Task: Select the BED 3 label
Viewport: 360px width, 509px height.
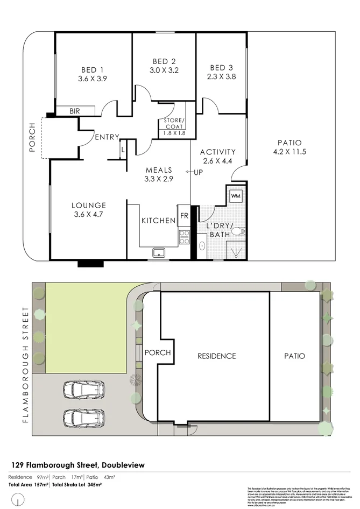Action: [x=222, y=68]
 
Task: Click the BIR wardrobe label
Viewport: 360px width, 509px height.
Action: [x=74, y=111]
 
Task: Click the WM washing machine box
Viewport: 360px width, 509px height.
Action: [x=236, y=196]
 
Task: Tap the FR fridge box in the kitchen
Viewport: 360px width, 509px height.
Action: [x=184, y=215]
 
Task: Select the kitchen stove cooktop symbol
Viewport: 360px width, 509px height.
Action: [x=184, y=237]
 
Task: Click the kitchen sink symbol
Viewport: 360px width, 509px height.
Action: [x=159, y=252]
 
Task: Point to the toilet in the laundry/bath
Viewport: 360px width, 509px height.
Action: [x=240, y=232]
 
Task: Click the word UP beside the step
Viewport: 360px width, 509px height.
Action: [x=197, y=172]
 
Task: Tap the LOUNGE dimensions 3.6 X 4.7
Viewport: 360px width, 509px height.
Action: [x=89, y=214]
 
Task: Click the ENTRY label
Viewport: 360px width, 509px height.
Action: [x=107, y=137]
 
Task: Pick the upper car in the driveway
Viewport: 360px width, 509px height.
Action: [x=84, y=388]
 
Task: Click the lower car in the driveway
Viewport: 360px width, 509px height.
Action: [x=84, y=416]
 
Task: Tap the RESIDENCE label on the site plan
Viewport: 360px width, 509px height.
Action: [x=216, y=356]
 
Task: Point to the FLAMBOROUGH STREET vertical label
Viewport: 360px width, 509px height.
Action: [x=25, y=364]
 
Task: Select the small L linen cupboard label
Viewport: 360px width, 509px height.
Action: [x=123, y=150]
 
